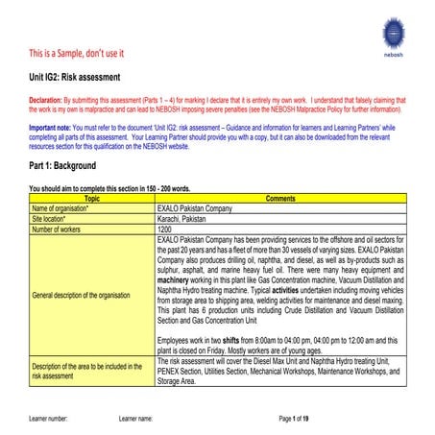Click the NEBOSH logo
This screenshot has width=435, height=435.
click(x=396, y=36)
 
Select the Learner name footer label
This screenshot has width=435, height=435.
click(x=135, y=420)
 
